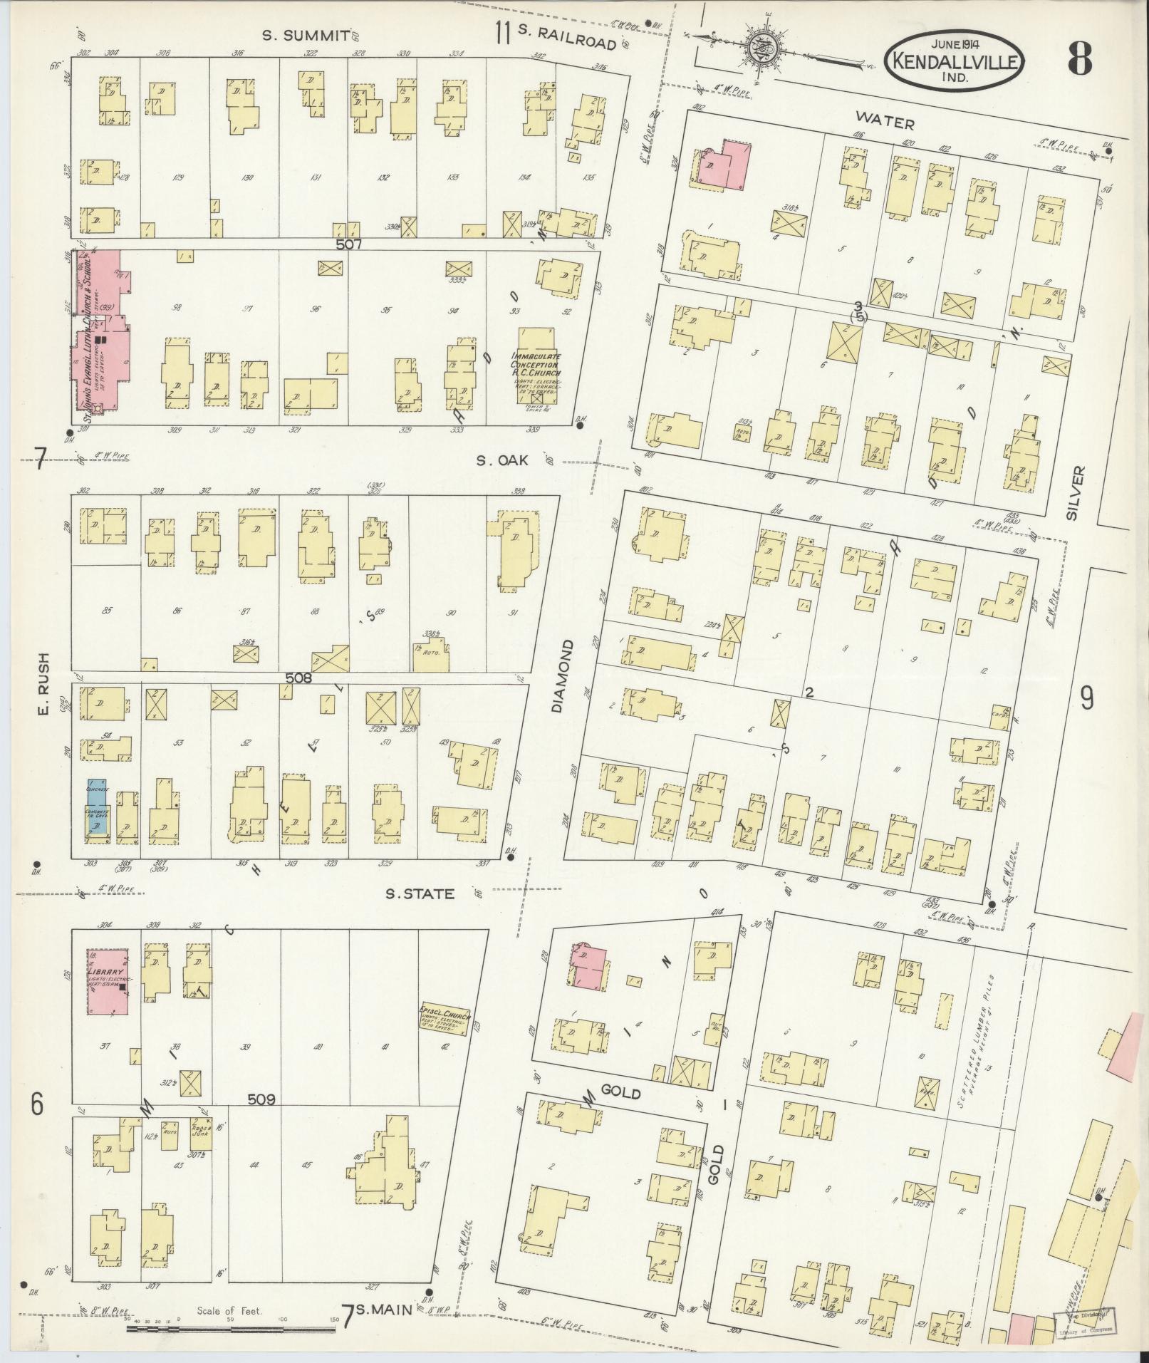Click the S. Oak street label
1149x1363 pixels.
pos(503,461)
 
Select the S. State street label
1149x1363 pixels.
pos(420,893)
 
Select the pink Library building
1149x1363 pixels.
pos(108,980)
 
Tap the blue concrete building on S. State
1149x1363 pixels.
pos(96,813)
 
